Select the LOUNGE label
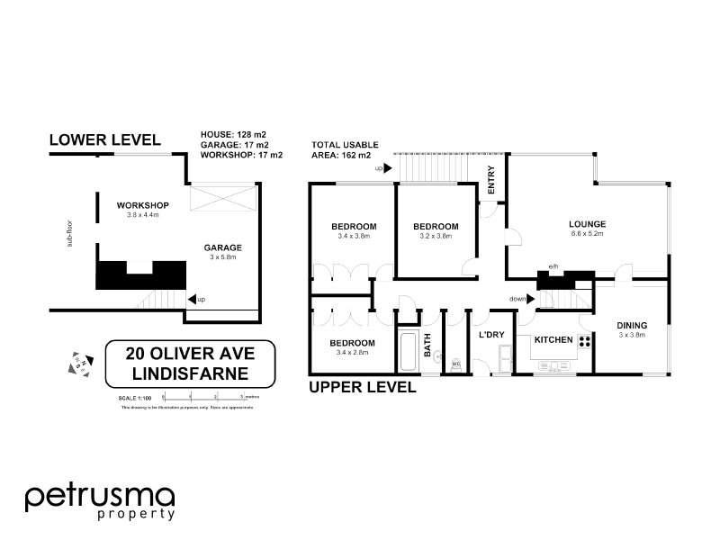(586, 224)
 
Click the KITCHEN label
(553, 340)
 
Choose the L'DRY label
(490, 335)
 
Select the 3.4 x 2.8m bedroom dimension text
(353, 354)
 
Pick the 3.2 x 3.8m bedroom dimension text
(436, 237)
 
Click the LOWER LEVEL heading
(104, 139)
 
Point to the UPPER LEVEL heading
(362, 389)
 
